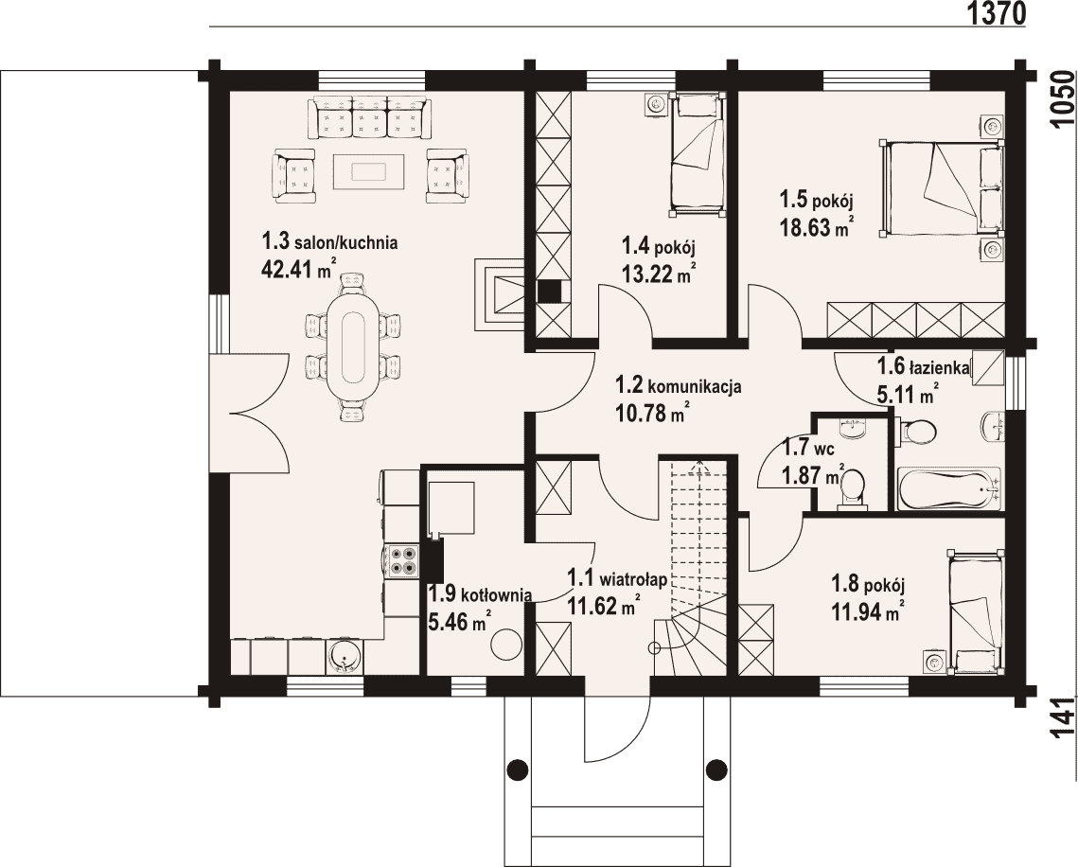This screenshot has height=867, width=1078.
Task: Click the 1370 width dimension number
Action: point(997,13)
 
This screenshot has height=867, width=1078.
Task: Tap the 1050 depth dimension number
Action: point(1064,98)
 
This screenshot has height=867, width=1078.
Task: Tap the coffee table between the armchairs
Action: point(370,171)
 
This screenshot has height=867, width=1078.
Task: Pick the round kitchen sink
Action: point(344,657)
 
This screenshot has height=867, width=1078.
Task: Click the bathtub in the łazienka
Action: point(948,488)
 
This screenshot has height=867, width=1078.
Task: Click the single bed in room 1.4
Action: point(698,154)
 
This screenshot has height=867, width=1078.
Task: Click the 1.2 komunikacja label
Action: point(678,386)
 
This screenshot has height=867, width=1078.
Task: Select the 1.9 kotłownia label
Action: point(480,593)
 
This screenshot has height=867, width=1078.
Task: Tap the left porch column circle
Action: point(518,767)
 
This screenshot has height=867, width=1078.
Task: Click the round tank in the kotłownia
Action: point(506,645)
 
